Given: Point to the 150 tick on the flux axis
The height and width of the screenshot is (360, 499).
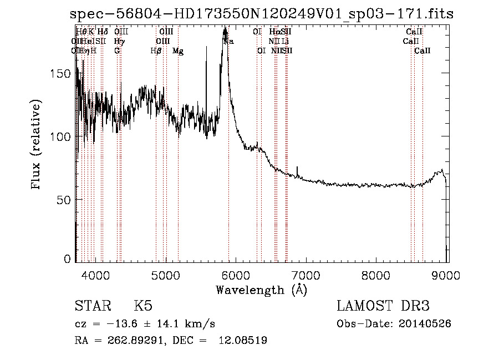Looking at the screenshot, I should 65,74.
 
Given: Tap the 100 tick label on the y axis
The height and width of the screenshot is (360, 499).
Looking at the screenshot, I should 65,136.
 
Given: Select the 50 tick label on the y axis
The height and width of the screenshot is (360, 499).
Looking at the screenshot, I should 67,199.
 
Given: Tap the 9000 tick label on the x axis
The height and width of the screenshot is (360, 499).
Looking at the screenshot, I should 447,275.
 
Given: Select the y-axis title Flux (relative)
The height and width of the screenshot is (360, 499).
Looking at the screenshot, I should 37,146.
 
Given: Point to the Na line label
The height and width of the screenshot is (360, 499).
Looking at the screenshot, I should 228,42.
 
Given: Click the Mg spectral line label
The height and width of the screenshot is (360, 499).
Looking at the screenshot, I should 178,51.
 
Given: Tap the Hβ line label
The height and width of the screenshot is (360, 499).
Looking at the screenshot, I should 156,51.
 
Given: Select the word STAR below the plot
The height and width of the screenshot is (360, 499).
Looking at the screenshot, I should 90,306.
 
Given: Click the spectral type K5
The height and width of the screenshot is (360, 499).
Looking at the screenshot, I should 143,306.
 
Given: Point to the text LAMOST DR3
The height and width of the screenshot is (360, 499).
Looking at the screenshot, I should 384,306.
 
